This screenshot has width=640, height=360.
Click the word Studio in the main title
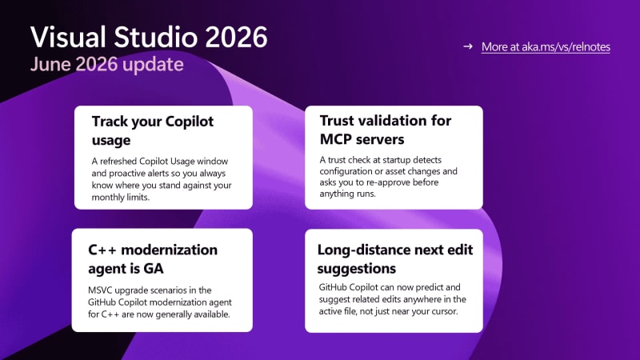(155, 37)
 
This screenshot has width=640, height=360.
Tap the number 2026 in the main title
(236, 37)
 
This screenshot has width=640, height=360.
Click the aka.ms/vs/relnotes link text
(566, 47)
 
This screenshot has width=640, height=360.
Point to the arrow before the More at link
(468, 46)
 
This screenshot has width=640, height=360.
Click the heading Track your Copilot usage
(153, 130)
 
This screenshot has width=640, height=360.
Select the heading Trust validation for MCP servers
(386, 130)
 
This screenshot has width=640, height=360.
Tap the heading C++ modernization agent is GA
(153, 258)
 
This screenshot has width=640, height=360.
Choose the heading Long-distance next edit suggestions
(394, 258)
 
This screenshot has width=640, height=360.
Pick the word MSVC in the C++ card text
(100, 290)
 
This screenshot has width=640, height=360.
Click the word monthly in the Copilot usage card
(107, 198)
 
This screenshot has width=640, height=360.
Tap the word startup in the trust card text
(400, 160)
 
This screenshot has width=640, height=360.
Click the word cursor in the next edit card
(444, 311)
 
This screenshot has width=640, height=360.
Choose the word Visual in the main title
(68, 37)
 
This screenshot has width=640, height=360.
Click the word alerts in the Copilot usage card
(164, 173)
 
